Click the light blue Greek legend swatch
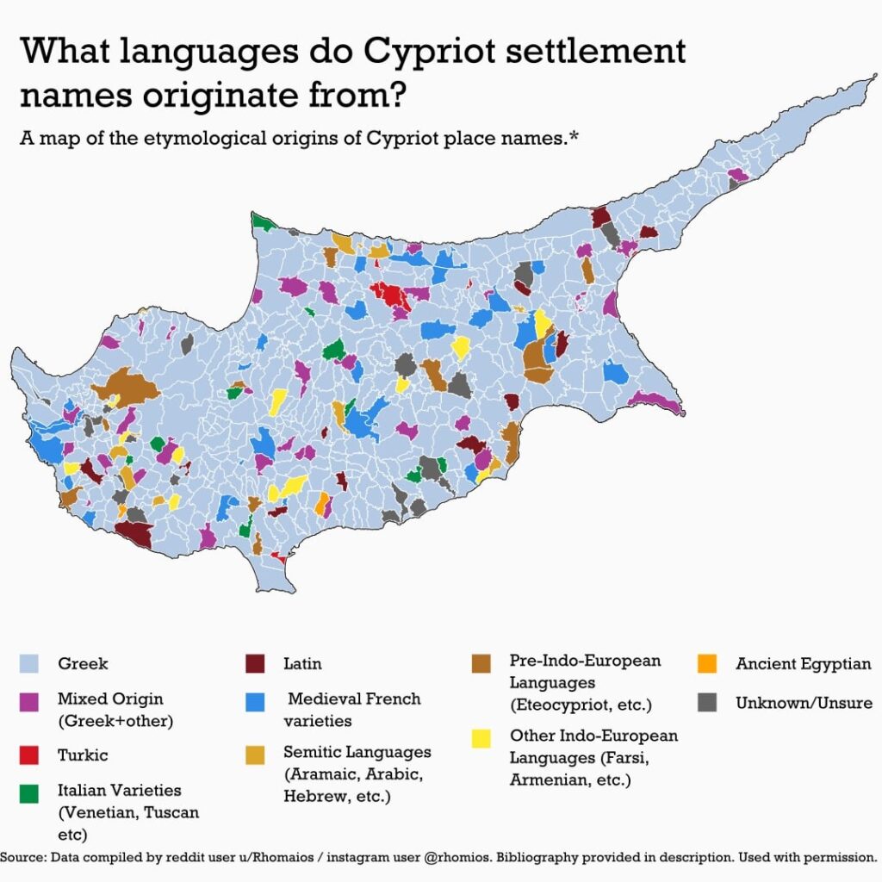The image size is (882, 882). click(x=30, y=664)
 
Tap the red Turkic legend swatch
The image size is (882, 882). click(x=30, y=755)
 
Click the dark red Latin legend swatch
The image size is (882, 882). click(x=256, y=664)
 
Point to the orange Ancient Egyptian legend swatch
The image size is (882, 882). click(x=708, y=664)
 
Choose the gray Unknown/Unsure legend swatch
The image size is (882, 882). click(x=708, y=703)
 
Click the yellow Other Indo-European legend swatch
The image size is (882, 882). click(x=481, y=737)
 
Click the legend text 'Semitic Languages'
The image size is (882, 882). click(x=357, y=752)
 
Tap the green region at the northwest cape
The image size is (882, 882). click(x=262, y=222)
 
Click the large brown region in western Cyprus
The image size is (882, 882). click(x=127, y=387)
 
